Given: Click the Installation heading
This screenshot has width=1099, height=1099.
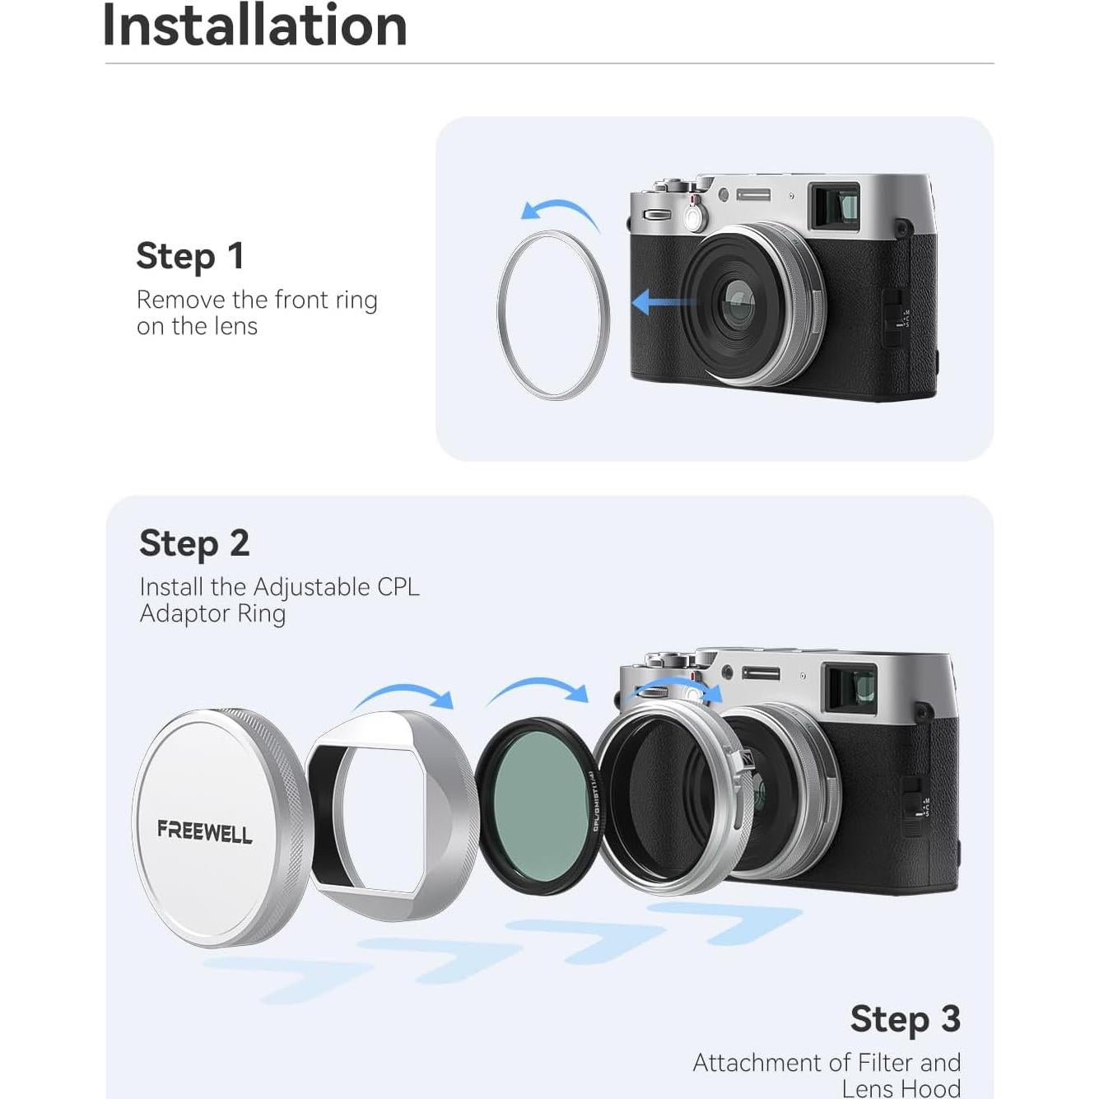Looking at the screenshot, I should (254, 26).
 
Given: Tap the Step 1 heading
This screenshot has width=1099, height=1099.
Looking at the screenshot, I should (190, 256).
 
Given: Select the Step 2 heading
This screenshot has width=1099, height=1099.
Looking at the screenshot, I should (194, 543).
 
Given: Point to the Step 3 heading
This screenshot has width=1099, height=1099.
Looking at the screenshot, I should (905, 1019).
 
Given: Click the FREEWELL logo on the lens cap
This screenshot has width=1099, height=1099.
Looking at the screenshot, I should (205, 831).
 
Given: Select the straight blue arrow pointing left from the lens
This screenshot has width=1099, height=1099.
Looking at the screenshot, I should (663, 302).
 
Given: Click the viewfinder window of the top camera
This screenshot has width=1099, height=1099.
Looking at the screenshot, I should (834, 206).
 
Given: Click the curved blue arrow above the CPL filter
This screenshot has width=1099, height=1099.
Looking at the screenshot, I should (538, 690).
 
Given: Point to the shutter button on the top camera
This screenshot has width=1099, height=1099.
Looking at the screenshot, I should (693, 217).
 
